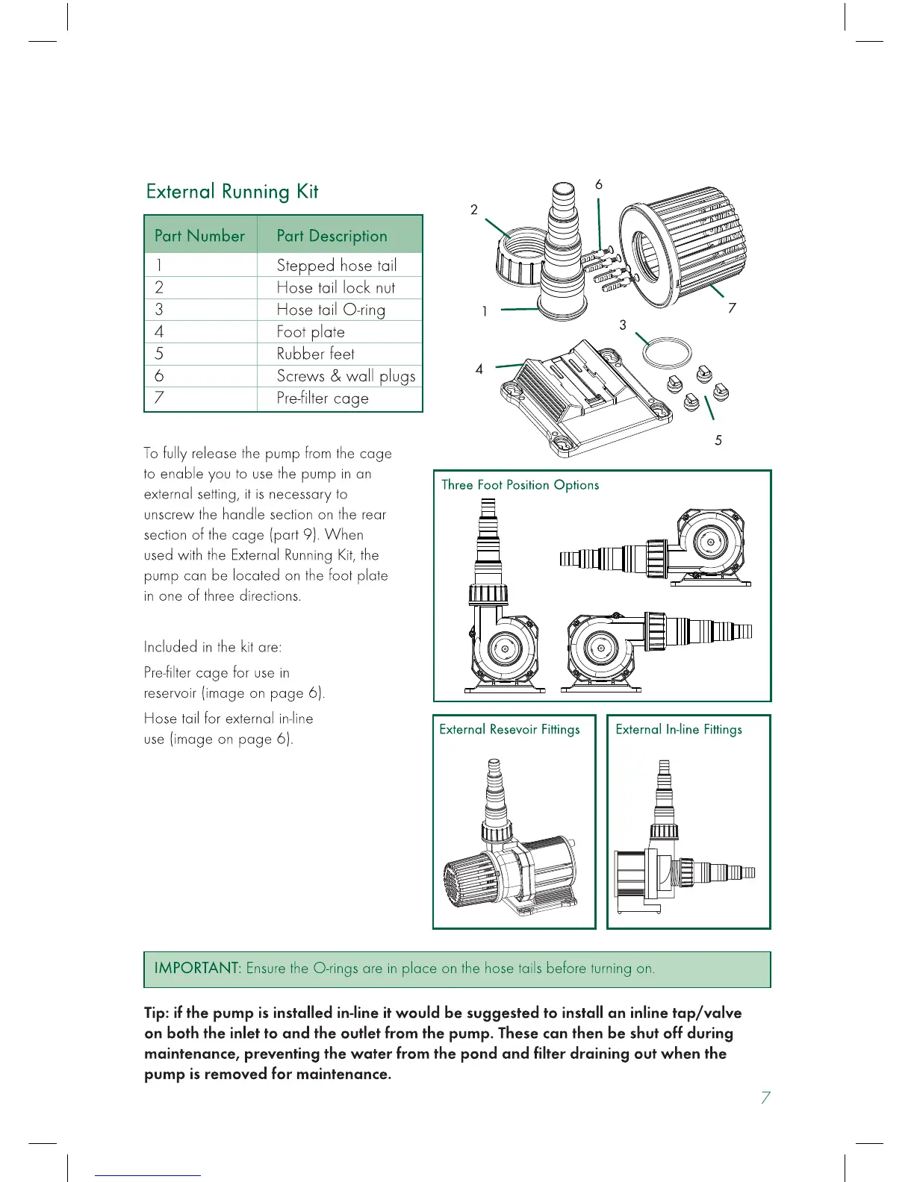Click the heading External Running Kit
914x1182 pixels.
[x=232, y=192]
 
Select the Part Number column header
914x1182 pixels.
[x=199, y=236]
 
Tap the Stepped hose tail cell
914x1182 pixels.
[x=336, y=266]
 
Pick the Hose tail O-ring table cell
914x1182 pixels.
[x=331, y=310]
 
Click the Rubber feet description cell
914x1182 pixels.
[x=315, y=354]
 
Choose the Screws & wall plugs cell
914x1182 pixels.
[x=346, y=376]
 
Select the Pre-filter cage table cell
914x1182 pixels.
[x=323, y=398]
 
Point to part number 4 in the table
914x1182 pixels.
[x=159, y=332]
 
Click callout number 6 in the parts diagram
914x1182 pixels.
[x=599, y=184]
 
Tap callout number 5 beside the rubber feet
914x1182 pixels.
[x=718, y=440]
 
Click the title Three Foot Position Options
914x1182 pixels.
[x=520, y=485]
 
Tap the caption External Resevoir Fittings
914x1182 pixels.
[x=509, y=730]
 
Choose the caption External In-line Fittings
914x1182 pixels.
[x=679, y=730]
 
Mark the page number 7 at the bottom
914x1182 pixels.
[x=765, y=1098]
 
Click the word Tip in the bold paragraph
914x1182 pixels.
[x=155, y=1013]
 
